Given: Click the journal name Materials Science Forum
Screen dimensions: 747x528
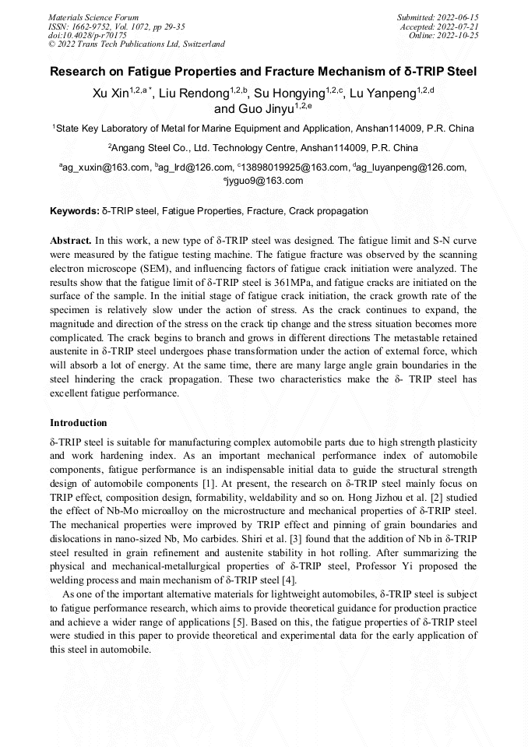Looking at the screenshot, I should coord(93,16).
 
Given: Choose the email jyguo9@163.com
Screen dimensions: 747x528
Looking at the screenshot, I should coord(266,181).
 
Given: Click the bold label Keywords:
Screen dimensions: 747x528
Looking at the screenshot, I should coord(74,211).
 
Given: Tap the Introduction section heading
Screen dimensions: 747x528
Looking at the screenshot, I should coord(79,423).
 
